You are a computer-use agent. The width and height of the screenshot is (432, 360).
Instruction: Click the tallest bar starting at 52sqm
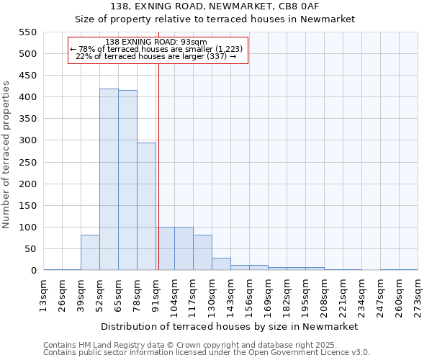[109, 180]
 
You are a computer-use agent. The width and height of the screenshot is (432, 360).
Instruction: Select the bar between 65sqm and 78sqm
[127, 181]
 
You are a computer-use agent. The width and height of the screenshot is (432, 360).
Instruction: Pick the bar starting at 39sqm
[90, 253]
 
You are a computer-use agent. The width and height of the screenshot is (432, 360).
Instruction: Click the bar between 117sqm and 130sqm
[202, 253]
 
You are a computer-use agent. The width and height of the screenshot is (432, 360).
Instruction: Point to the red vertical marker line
[158, 166]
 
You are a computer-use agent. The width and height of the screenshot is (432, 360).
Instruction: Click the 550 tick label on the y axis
[27, 32]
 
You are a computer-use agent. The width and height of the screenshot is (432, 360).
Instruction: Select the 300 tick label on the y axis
[27, 140]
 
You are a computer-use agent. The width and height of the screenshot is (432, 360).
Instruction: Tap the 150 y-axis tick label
[27, 206]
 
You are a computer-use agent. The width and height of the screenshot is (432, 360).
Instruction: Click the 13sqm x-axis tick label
[43, 294]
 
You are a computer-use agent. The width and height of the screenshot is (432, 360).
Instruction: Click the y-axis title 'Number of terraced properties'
[6, 155]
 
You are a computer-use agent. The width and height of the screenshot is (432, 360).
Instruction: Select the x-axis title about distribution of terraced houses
[230, 326]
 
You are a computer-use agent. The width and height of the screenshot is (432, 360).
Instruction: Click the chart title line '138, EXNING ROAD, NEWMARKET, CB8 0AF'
[230, 6]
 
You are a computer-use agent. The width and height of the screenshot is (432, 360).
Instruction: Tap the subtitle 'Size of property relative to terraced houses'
[230, 19]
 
